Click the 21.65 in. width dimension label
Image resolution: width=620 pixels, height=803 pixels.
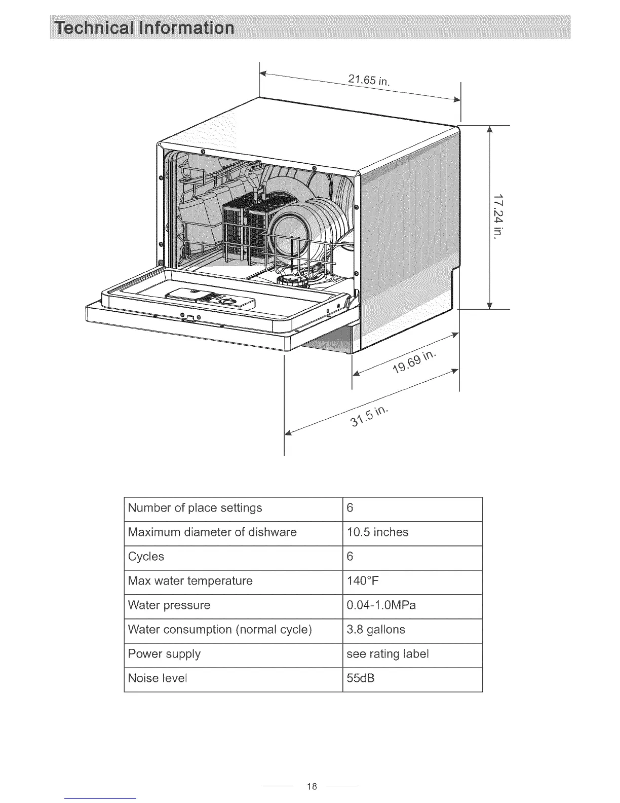point(369,81)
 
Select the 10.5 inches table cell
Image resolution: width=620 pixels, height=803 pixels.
point(377,532)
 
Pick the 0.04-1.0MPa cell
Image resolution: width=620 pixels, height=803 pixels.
point(381,605)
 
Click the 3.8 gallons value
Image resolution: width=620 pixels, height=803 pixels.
point(376,630)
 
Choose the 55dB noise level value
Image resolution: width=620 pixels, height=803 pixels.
point(360,678)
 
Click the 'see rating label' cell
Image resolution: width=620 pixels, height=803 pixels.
point(387,654)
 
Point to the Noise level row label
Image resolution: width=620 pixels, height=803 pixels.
point(158,678)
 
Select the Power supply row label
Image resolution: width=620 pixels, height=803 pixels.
point(164,654)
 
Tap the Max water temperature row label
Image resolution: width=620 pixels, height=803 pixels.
point(190,581)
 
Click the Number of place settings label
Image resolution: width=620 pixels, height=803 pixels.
point(195,508)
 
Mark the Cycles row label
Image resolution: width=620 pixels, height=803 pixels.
point(146,557)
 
